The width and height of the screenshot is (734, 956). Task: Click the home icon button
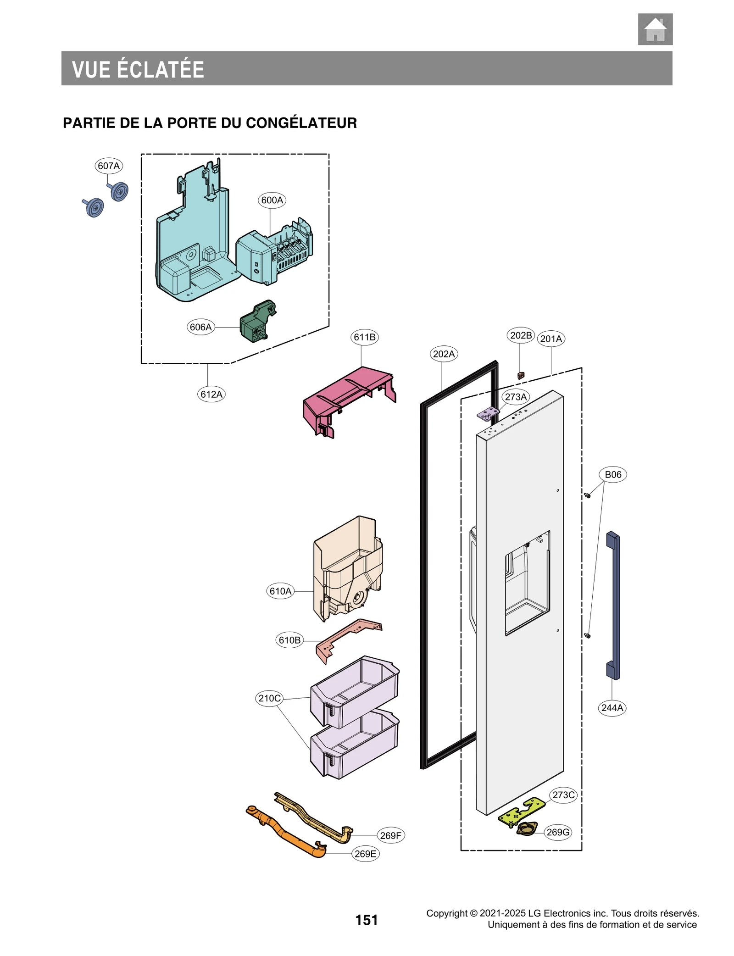pos(655,29)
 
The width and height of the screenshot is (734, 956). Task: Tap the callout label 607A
pos(109,166)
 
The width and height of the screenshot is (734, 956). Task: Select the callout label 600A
pos(272,200)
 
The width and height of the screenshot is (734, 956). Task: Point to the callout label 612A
pos(211,394)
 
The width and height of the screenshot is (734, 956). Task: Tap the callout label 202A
pos(444,354)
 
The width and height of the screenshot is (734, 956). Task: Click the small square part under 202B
pos(520,375)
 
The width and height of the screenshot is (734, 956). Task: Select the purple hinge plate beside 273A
pos(488,414)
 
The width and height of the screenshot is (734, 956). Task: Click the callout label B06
pos(612,474)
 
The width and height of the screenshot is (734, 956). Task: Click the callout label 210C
pos(269,698)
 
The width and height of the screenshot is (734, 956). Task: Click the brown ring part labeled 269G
pos(527,828)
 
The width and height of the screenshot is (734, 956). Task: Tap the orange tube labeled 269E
pos(287,832)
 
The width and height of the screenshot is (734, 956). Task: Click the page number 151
pos(366,920)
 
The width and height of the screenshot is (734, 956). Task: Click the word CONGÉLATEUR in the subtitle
pos(301,123)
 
